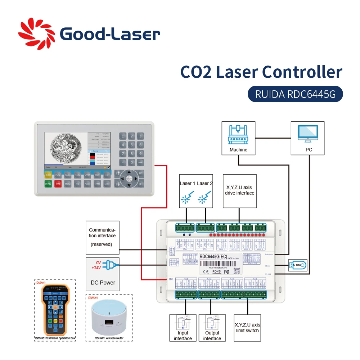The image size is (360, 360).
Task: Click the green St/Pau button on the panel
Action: coord(48,184)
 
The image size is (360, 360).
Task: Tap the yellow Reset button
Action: coord(48,175)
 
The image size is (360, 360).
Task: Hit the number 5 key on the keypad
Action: coord(132,145)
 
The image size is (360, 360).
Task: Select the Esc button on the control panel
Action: coord(107,175)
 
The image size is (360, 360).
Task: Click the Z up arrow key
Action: coord(117,174)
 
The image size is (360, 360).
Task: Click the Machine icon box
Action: coord(238,138)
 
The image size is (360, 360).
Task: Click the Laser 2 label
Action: coord(205,183)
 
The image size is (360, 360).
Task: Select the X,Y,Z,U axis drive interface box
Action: coord(239,191)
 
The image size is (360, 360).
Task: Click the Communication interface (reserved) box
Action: coord(102,237)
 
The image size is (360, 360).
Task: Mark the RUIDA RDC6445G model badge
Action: coord(295,94)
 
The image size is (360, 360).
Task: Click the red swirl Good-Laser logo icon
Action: coord(36,34)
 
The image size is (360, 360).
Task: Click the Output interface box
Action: coord(212,328)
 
